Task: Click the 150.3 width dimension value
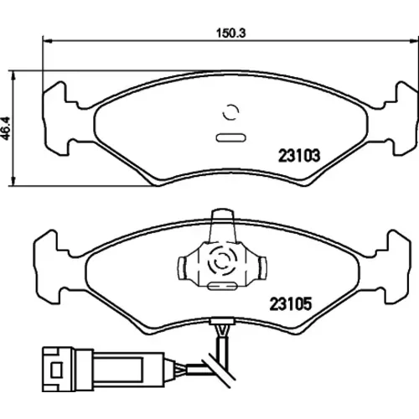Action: pyautogui.click(x=231, y=34)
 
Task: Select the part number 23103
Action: pyautogui.click(x=299, y=156)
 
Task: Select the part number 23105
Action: pyautogui.click(x=290, y=304)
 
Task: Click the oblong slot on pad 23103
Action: pyautogui.click(x=231, y=137)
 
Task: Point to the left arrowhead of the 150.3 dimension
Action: pyautogui.click(x=48, y=41)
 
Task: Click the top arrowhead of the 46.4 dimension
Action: pyautogui.click(x=13, y=75)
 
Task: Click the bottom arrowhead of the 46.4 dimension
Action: pyautogui.click(x=13, y=181)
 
